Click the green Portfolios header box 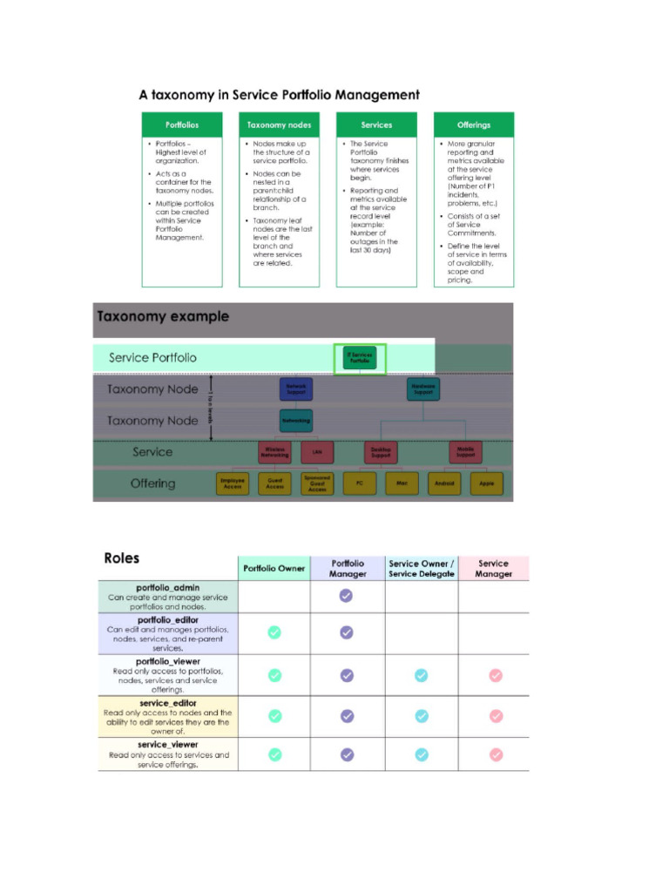coord(182,125)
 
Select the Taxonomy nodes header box coord(279,125)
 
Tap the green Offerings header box coord(474,125)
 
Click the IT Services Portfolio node coord(360,357)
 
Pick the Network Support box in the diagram coord(296,389)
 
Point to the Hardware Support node coord(423,389)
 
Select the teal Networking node coord(296,420)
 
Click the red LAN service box coord(317,452)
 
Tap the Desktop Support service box coord(381,452)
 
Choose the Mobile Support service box coord(465,452)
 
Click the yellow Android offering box coord(444,483)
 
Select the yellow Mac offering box coord(402,483)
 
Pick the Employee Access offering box coord(233,483)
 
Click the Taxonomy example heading coord(163,317)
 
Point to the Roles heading coord(121,558)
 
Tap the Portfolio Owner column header coord(274,568)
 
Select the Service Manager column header coord(493,568)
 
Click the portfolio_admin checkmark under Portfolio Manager coord(347,596)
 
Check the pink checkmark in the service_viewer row coord(496,754)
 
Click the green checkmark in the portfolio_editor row coord(274,632)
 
